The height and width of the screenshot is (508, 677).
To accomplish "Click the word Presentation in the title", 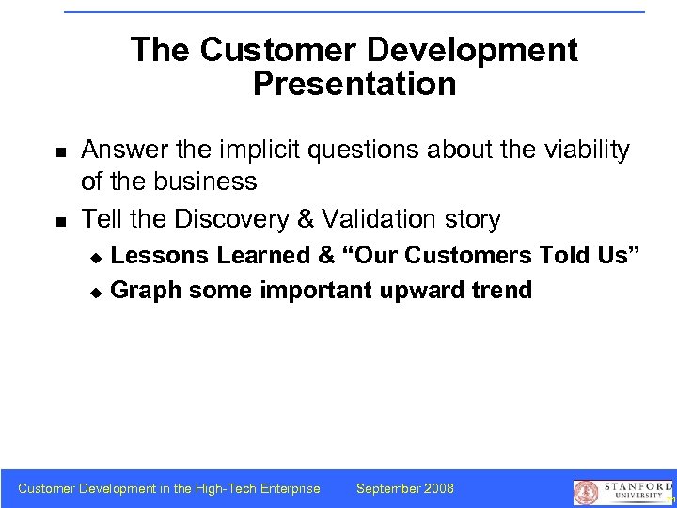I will [x=354, y=85].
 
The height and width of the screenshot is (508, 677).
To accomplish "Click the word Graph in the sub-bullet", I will [x=146, y=291].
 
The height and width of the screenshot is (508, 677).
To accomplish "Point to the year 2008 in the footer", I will [x=438, y=488].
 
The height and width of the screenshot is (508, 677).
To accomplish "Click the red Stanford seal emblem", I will [x=586, y=492].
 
